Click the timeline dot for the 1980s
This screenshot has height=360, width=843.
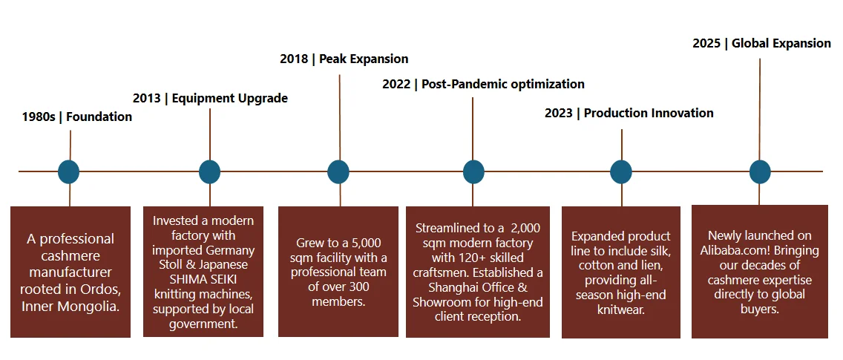click(69, 171)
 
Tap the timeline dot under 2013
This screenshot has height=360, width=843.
click(210, 171)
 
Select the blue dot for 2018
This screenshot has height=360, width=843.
click(338, 171)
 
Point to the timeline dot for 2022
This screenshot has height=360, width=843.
click(473, 171)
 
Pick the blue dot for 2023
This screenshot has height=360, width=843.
click(621, 171)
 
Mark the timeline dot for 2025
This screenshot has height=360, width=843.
click(760, 171)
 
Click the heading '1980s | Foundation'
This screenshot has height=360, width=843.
click(77, 117)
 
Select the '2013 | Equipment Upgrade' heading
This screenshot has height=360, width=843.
click(210, 99)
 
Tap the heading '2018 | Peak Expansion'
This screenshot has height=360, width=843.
click(344, 59)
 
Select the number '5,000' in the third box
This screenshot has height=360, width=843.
click(368, 243)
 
